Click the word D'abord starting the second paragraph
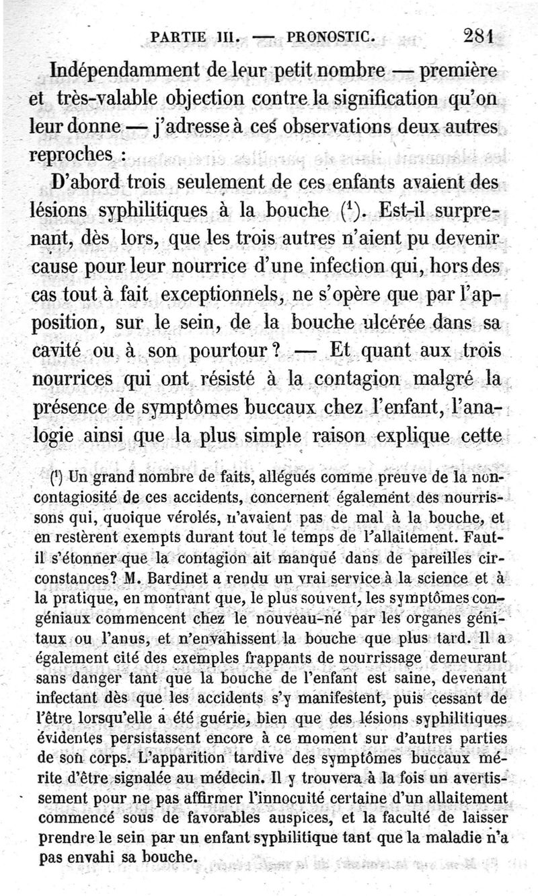point(84,183)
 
